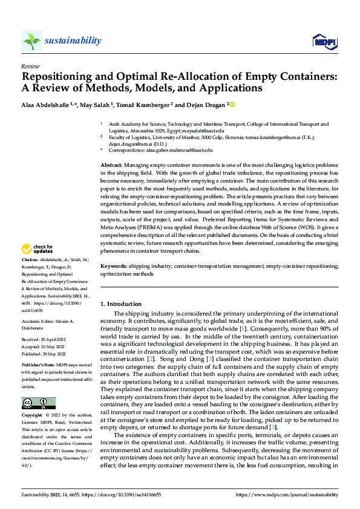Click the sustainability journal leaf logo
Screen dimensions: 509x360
(31, 41)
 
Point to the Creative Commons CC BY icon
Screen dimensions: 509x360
(38, 403)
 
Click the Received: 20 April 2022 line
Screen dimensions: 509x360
(45, 341)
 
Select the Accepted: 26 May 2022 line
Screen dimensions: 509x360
(45, 348)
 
